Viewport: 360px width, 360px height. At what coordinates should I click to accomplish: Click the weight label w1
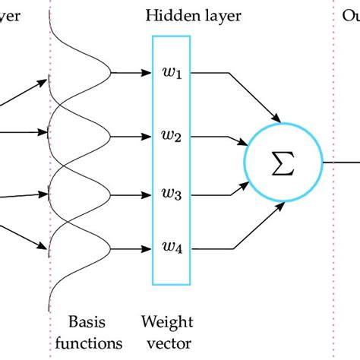[x=169, y=74]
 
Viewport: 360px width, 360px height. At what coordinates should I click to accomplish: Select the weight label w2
[x=169, y=137]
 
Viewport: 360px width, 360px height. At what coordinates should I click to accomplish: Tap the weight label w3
[x=169, y=194]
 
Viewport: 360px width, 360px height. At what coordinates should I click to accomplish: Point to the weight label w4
[x=169, y=247]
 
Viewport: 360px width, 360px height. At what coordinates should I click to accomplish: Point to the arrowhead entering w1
[x=146, y=74]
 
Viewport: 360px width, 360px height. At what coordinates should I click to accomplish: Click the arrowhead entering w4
[x=146, y=247]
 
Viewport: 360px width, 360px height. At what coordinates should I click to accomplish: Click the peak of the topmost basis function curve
[x=112, y=74]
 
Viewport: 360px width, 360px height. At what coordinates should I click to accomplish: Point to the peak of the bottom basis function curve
[x=112, y=247]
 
